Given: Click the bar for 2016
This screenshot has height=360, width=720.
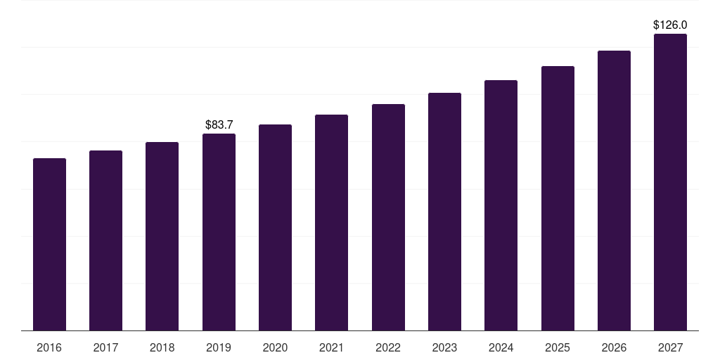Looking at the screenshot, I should [49, 244].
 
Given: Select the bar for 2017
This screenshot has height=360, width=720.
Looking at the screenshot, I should [105, 240].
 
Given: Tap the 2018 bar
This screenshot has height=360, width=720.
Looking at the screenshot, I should [162, 236].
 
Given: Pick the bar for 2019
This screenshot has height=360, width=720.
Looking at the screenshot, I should [219, 232].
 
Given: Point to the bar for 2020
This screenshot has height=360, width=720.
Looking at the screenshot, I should [275, 227].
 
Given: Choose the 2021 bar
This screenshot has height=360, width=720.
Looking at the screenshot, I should [331, 222].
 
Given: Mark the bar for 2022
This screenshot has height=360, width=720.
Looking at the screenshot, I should [388, 217].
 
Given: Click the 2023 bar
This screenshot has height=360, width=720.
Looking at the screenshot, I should [444, 212].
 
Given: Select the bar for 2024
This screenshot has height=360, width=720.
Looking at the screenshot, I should [501, 205].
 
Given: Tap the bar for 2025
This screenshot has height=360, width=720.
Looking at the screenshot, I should [558, 198].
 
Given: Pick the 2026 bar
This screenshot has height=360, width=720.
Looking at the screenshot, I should [614, 191].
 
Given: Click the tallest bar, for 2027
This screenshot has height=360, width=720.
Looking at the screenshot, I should [670, 182].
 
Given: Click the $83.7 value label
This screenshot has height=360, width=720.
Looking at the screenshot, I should [219, 124].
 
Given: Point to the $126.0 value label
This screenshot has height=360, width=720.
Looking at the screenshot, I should [670, 25].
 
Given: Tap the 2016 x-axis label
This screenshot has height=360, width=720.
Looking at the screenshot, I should [49, 347].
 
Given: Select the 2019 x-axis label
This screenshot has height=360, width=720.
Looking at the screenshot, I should [219, 347].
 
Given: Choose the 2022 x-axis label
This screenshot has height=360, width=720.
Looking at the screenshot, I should [388, 347].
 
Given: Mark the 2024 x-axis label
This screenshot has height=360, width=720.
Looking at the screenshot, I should [501, 347].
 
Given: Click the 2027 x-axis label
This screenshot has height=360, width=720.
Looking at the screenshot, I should [670, 347].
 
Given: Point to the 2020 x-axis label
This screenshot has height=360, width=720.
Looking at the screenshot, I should [275, 347].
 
